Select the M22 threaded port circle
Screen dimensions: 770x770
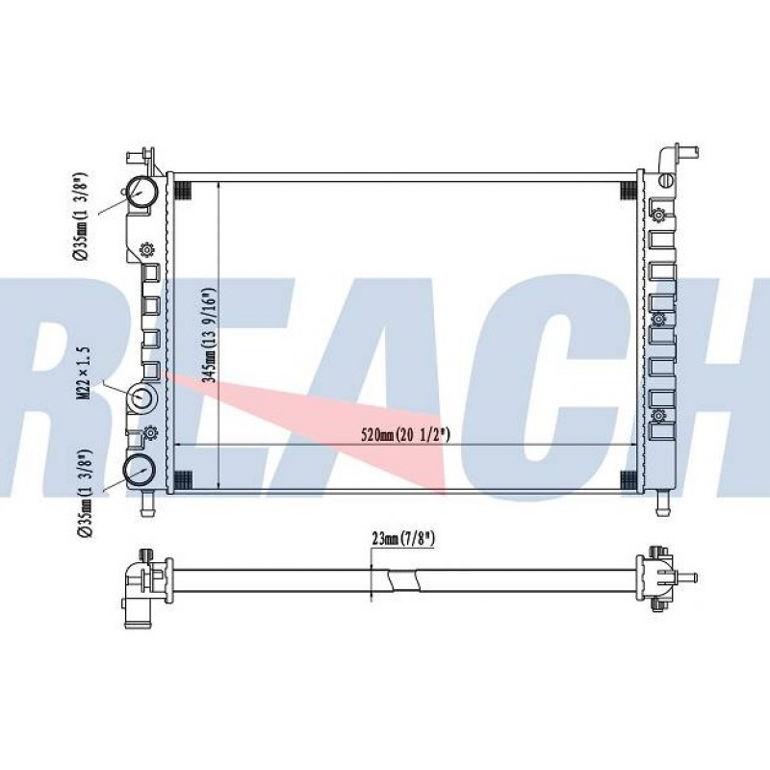pyautogui.click(x=143, y=399)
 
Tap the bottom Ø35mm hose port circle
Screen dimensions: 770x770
pyautogui.click(x=141, y=470)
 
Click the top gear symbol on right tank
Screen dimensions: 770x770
pyautogui.click(x=658, y=214)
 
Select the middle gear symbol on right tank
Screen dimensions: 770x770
pyautogui.click(x=658, y=319)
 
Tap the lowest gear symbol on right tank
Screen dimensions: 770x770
pyautogui.click(x=658, y=416)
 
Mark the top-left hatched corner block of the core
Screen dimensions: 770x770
pyautogui.click(x=184, y=190)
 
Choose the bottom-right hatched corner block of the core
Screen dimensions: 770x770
pyautogui.click(x=629, y=479)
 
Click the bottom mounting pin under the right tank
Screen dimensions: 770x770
pyautogui.click(x=661, y=502)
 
